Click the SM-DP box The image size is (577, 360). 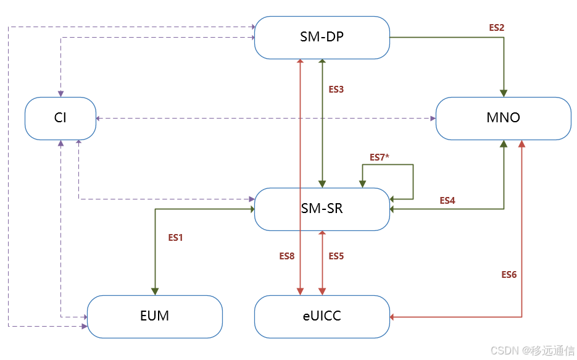(x=322, y=38)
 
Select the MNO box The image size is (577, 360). (x=503, y=118)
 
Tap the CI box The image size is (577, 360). (x=60, y=118)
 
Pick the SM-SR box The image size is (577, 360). (x=322, y=209)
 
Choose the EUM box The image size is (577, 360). (x=154, y=316)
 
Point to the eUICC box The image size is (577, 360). (x=322, y=316)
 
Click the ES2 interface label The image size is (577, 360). (x=497, y=28)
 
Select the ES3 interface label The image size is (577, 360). (x=336, y=90)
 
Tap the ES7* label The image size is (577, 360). (x=380, y=157)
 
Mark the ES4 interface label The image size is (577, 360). (x=447, y=201)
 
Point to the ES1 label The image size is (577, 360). (x=176, y=237)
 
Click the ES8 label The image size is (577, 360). (x=287, y=256)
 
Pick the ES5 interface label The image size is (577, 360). (x=336, y=256)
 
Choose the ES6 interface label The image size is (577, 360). (x=509, y=274)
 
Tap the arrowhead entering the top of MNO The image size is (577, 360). (x=504, y=93)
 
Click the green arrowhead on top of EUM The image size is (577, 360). (x=154, y=291)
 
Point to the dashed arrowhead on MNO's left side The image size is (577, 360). (x=432, y=118)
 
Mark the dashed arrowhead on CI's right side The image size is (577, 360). (x=100, y=118)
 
